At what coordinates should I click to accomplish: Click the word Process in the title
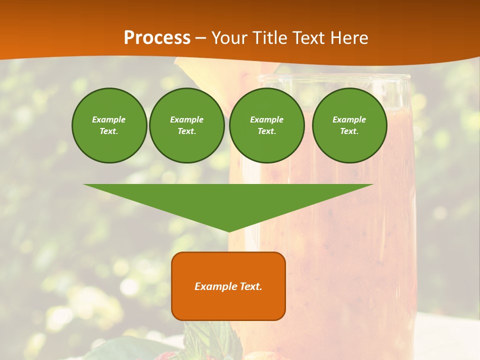point(157,38)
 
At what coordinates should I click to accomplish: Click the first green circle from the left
point(109,125)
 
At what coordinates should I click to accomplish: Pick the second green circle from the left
point(186,125)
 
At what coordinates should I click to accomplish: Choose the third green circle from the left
point(266,125)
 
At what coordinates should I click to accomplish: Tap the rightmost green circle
point(349,125)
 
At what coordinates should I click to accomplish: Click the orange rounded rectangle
point(228,286)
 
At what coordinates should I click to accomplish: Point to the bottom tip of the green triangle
point(228,231)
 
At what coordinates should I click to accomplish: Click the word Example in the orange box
point(216,286)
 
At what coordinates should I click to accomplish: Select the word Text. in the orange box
point(251,286)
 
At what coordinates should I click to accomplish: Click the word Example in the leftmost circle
point(109,119)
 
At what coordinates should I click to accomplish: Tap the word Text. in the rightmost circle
point(349,131)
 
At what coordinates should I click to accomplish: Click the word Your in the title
point(227,38)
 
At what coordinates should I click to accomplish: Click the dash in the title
point(200,38)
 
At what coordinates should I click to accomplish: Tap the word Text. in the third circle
point(266,131)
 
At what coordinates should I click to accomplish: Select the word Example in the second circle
point(186,119)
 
